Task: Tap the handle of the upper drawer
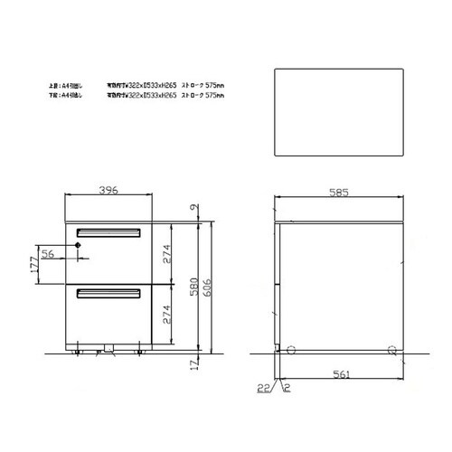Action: (x=108, y=231)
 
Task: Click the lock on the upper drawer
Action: (x=79, y=246)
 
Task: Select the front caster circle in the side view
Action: (x=292, y=349)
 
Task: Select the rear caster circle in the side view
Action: (x=391, y=349)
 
